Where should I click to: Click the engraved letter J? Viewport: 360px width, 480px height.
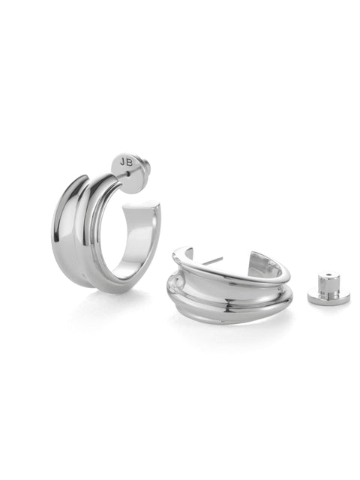[x=122, y=162]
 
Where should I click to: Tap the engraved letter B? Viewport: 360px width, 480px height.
[x=129, y=163]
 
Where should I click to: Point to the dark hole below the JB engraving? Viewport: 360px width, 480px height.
[x=128, y=174]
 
